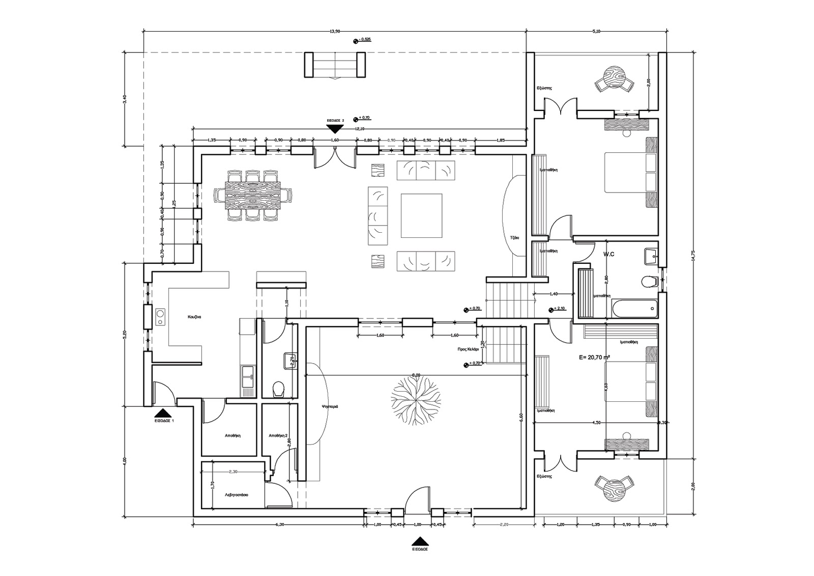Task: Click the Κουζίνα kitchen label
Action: pos(194,316)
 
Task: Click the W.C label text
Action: pos(609,254)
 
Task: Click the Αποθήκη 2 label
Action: pos(278,435)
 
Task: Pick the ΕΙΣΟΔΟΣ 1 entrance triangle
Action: pos(164,414)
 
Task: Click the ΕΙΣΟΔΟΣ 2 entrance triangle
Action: pos(335,128)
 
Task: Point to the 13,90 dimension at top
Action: pos(334,32)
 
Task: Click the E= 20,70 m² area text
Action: pos(594,358)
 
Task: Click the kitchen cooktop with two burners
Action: pos(161,317)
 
